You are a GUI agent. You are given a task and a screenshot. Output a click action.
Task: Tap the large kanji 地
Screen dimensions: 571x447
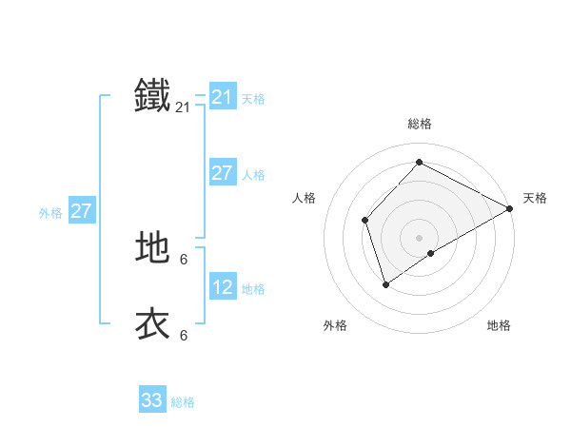click(x=152, y=247)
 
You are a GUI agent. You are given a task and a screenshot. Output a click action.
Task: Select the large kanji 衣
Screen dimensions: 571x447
click(x=152, y=323)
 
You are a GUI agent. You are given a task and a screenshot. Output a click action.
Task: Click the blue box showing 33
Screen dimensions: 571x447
click(x=152, y=400)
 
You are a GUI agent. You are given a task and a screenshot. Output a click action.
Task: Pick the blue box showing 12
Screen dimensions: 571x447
click(x=223, y=287)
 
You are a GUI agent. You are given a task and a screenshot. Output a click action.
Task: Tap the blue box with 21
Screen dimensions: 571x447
click(x=223, y=97)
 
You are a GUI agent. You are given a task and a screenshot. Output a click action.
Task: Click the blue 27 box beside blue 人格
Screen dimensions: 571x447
click(x=223, y=173)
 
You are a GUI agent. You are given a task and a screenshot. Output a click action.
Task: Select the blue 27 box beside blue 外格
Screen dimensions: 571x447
click(x=82, y=211)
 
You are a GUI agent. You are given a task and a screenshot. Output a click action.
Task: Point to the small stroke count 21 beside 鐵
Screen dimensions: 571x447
click(x=183, y=107)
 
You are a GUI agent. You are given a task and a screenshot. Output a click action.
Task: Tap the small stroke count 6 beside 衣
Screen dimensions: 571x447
click(x=184, y=335)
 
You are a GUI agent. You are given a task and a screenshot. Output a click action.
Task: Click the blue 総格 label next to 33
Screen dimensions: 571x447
click(x=183, y=402)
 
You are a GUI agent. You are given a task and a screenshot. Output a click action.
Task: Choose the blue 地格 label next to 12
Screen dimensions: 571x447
click(x=253, y=289)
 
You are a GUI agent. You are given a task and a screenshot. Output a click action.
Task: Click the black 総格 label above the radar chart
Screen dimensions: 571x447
click(x=420, y=125)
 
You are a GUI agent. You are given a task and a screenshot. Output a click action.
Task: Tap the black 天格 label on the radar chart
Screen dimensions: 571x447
click(x=535, y=198)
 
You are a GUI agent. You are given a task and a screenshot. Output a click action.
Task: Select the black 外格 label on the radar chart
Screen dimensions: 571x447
click(x=335, y=326)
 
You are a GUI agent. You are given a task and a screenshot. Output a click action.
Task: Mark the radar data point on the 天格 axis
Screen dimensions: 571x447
click(x=510, y=208)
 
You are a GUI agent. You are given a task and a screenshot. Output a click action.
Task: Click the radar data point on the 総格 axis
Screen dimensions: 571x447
click(x=419, y=163)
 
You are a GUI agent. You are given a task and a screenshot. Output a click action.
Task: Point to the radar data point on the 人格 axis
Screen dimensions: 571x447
click(x=365, y=221)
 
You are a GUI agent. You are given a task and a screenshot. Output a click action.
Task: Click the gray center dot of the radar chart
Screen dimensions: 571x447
click(x=419, y=238)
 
